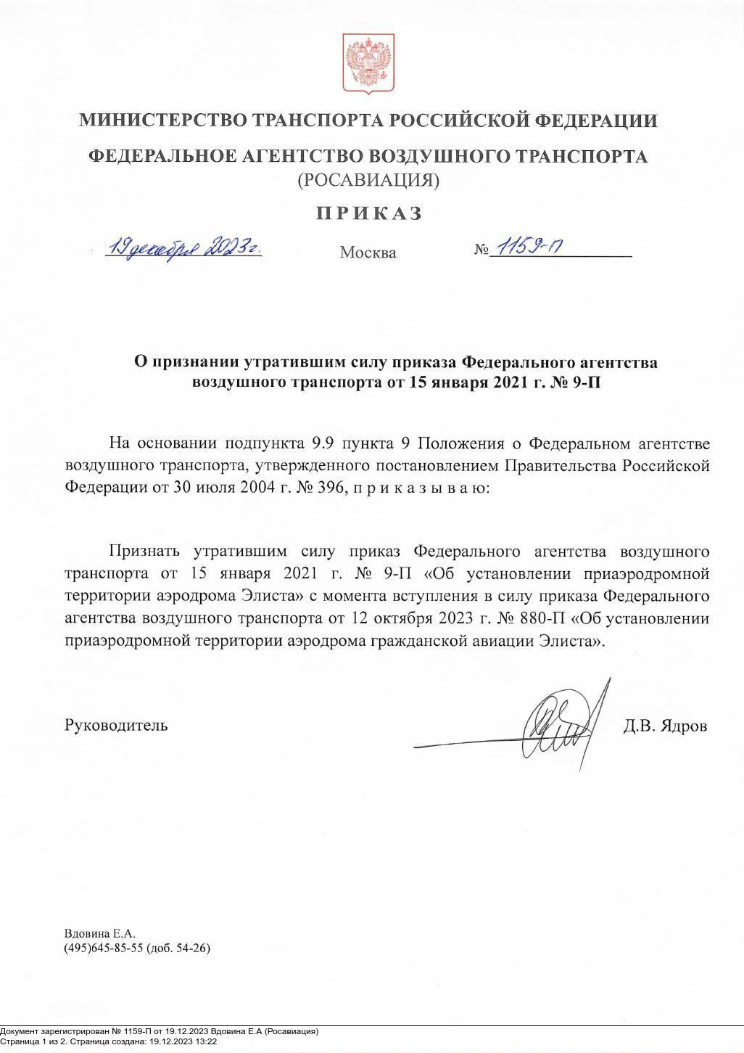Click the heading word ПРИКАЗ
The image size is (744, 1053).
(x=368, y=213)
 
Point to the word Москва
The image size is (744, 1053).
(x=368, y=253)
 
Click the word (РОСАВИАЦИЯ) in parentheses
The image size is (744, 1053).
(x=368, y=180)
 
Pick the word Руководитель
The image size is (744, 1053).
(x=116, y=725)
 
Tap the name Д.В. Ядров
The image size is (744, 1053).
(x=664, y=726)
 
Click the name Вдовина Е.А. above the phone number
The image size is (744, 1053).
(x=100, y=933)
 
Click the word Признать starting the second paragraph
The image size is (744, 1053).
(x=144, y=552)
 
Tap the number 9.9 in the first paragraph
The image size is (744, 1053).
(x=323, y=443)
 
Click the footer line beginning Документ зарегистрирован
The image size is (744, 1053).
(x=160, y=1031)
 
